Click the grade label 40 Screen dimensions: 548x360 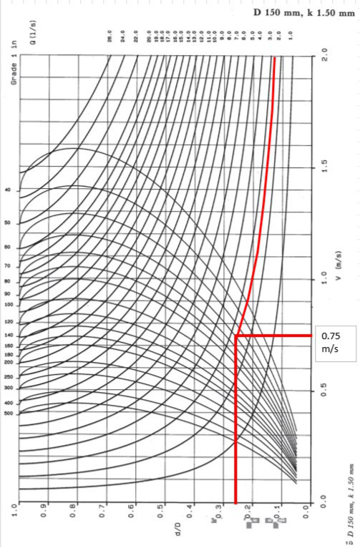tap(9, 191)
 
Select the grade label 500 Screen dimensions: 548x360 tap(9, 413)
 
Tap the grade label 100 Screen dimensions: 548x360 tap(9, 304)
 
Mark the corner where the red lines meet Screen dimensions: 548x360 tap(235, 335)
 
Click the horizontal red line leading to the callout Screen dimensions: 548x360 tap(276, 335)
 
